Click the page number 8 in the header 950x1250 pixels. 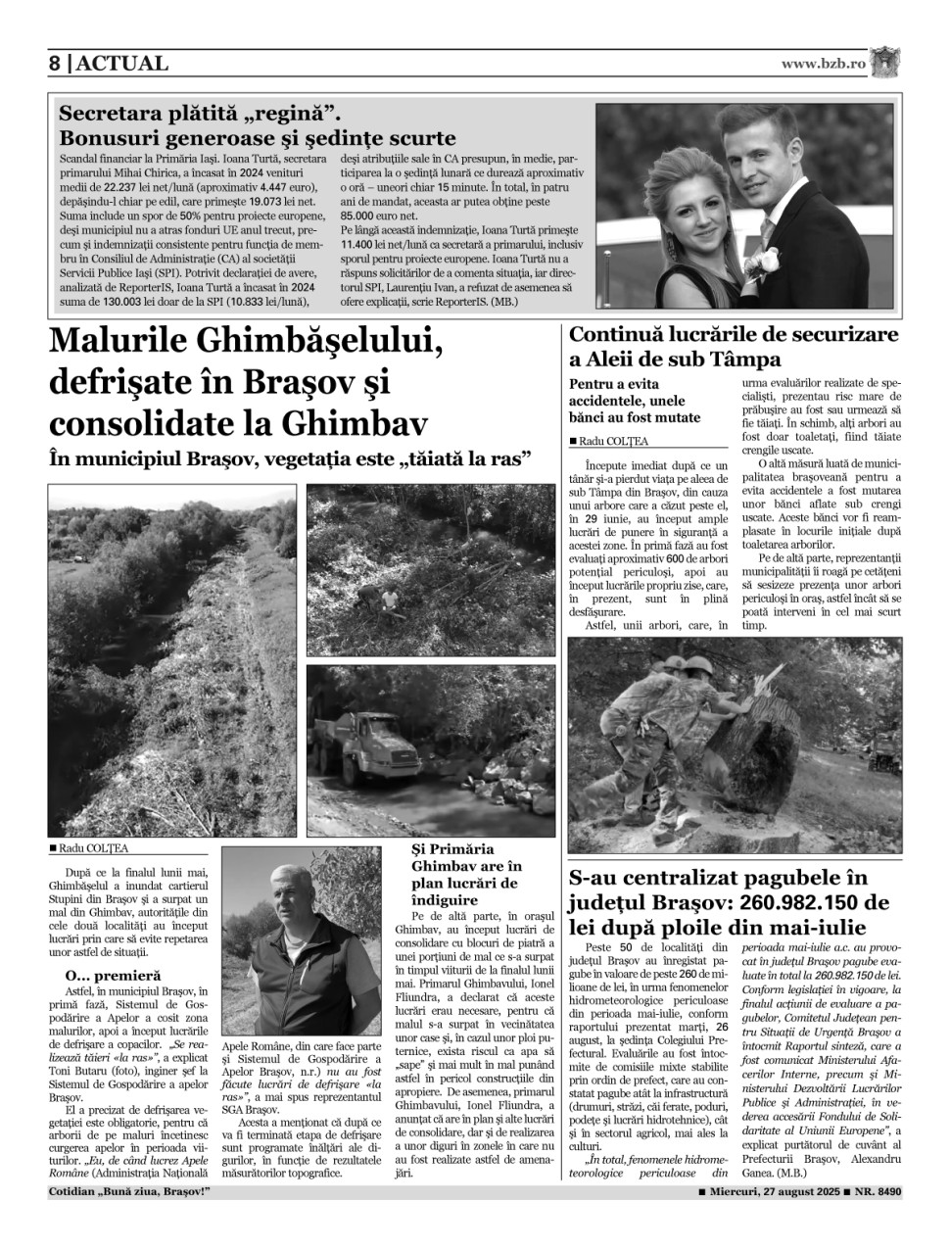pos(56,64)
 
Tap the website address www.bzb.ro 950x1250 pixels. pos(824,64)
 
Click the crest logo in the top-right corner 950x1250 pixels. pos(887,62)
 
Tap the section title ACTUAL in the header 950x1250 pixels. pos(122,64)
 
